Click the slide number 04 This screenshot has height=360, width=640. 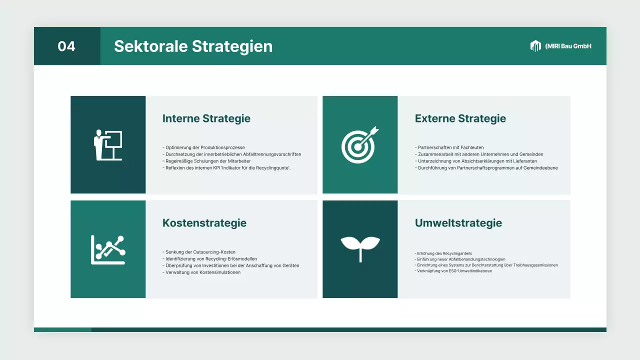[x=66, y=46]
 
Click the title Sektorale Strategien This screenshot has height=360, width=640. [x=193, y=46]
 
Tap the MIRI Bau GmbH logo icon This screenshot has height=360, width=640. [x=535, y=46]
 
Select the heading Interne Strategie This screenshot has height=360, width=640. [x=206, y=118]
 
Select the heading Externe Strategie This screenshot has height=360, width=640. [x=460, y=118]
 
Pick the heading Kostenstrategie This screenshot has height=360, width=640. [x=204, y=223]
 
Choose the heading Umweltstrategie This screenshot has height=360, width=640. [x=458, y=223]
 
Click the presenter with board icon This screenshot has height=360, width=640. [x=108, y=145]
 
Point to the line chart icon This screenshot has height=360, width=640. [x=108, y=249]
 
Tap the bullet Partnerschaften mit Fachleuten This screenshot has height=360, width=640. [x=449, y=147]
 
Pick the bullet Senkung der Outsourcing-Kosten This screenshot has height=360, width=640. [x=199, y=252]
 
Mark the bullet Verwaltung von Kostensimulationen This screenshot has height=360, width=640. [x=201, y=272]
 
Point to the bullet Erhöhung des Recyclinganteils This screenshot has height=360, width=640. [x=443, y=253]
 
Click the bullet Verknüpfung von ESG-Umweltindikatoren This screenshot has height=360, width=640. [x=453, y=271]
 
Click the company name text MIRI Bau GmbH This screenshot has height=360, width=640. [x=568, y=46]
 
